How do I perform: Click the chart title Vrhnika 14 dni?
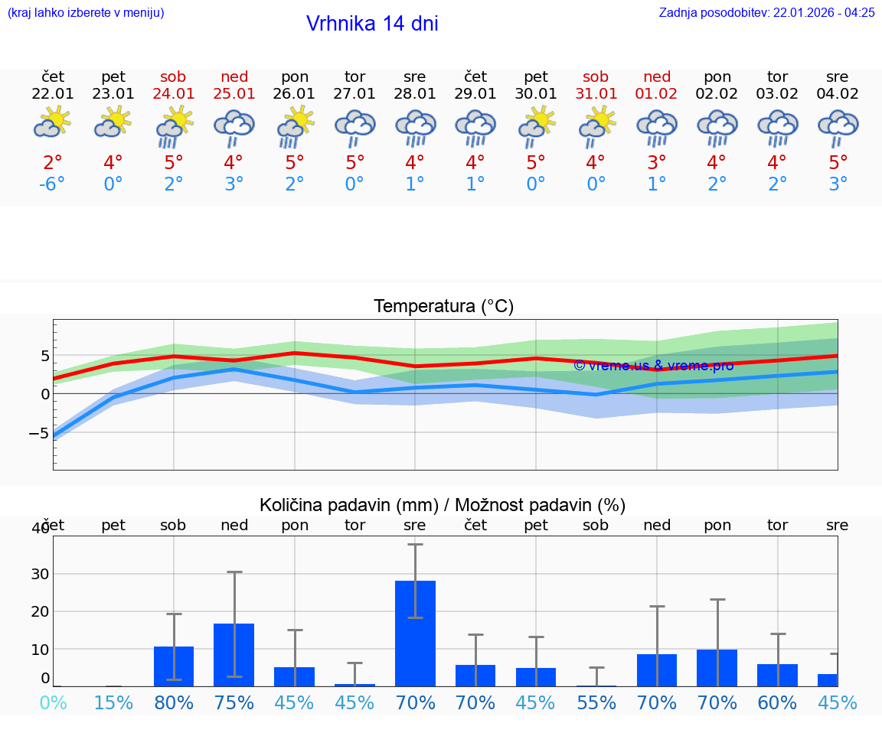click(372, 24)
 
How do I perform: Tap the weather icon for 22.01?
click(53, 122)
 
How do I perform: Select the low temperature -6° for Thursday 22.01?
click(53, 184)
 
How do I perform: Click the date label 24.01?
click(173, 94)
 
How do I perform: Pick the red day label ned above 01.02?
click(656, 77)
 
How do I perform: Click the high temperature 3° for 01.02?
click(656, 163)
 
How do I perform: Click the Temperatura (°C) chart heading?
click(443, 307)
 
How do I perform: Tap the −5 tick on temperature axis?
click(39, 433)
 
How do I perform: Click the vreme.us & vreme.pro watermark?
click(653, 366)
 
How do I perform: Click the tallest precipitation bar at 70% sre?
click(415, 634)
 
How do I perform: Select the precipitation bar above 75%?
click(234, 655)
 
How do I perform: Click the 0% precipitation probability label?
click(53, 703)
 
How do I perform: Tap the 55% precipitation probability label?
click(596, 703)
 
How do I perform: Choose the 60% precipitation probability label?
click(777, 703)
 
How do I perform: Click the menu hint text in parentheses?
click(85, 13)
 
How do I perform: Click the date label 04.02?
click(838, 94)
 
